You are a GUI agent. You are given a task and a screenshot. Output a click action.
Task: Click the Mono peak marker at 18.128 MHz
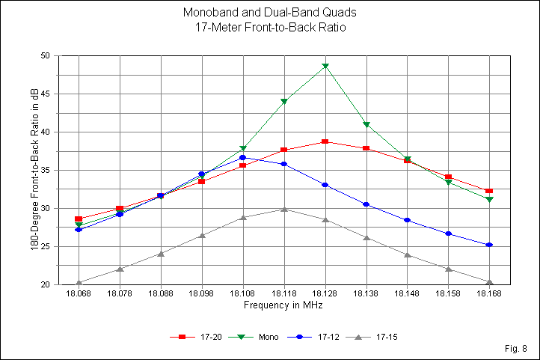click(x=325, y=67)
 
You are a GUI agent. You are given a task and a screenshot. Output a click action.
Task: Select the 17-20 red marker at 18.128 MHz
click(x=325, y=141)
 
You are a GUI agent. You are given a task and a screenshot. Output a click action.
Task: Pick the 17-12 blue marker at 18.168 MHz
click(x=489, y=245)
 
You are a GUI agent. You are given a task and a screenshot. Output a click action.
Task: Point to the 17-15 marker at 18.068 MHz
click(x=79, y=283)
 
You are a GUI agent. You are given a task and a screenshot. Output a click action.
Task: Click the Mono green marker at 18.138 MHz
click(x=366, y=125)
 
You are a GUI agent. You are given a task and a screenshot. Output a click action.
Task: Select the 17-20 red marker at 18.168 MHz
click(x=489, y=191)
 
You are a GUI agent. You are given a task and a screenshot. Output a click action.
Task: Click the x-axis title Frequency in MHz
click(x=283, y=305)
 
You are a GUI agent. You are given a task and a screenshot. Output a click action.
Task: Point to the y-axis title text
click(x=34, y=171)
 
